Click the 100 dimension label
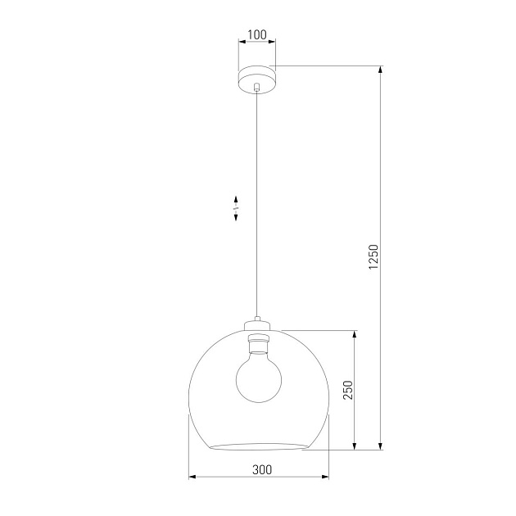[x=256, y=35]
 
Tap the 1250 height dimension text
[x=373, y=257]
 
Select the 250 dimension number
[x=347, y=390]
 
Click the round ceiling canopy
[x=257, y=79]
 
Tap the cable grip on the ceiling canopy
[x=257, y=86]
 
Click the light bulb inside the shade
[x=258, y=373]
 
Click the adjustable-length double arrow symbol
[x=236, y=208]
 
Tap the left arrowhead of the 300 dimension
[x=192, y=476]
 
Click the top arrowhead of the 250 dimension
[x=355, y=334]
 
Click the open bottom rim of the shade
[x=258, y=446]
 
